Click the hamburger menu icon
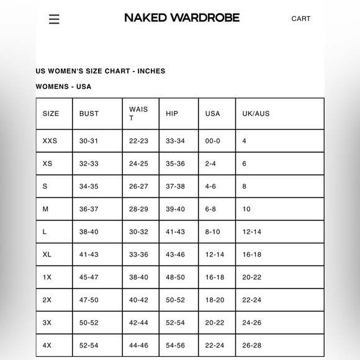tap(54, 19)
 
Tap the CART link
tap(301, 19)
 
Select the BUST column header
tap(89, 114)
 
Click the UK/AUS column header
tap(256, 114)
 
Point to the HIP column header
tap(172, 114)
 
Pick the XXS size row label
tap(50, 141)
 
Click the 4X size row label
tap(47, 346)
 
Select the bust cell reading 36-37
tap(89, 209)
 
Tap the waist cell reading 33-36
tap(138, 254)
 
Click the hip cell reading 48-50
tap(175, 277)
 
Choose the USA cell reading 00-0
tap(212, 141)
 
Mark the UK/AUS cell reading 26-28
tap(252, 346)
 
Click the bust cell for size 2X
tap(89, 300)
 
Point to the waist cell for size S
tap(138, 186)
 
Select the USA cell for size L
tap(212, 232)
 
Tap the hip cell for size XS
tap(175, 164)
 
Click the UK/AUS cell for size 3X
tap(252, 323)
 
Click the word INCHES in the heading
tap(151, 71)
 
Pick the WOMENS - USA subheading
tap(63, 86)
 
